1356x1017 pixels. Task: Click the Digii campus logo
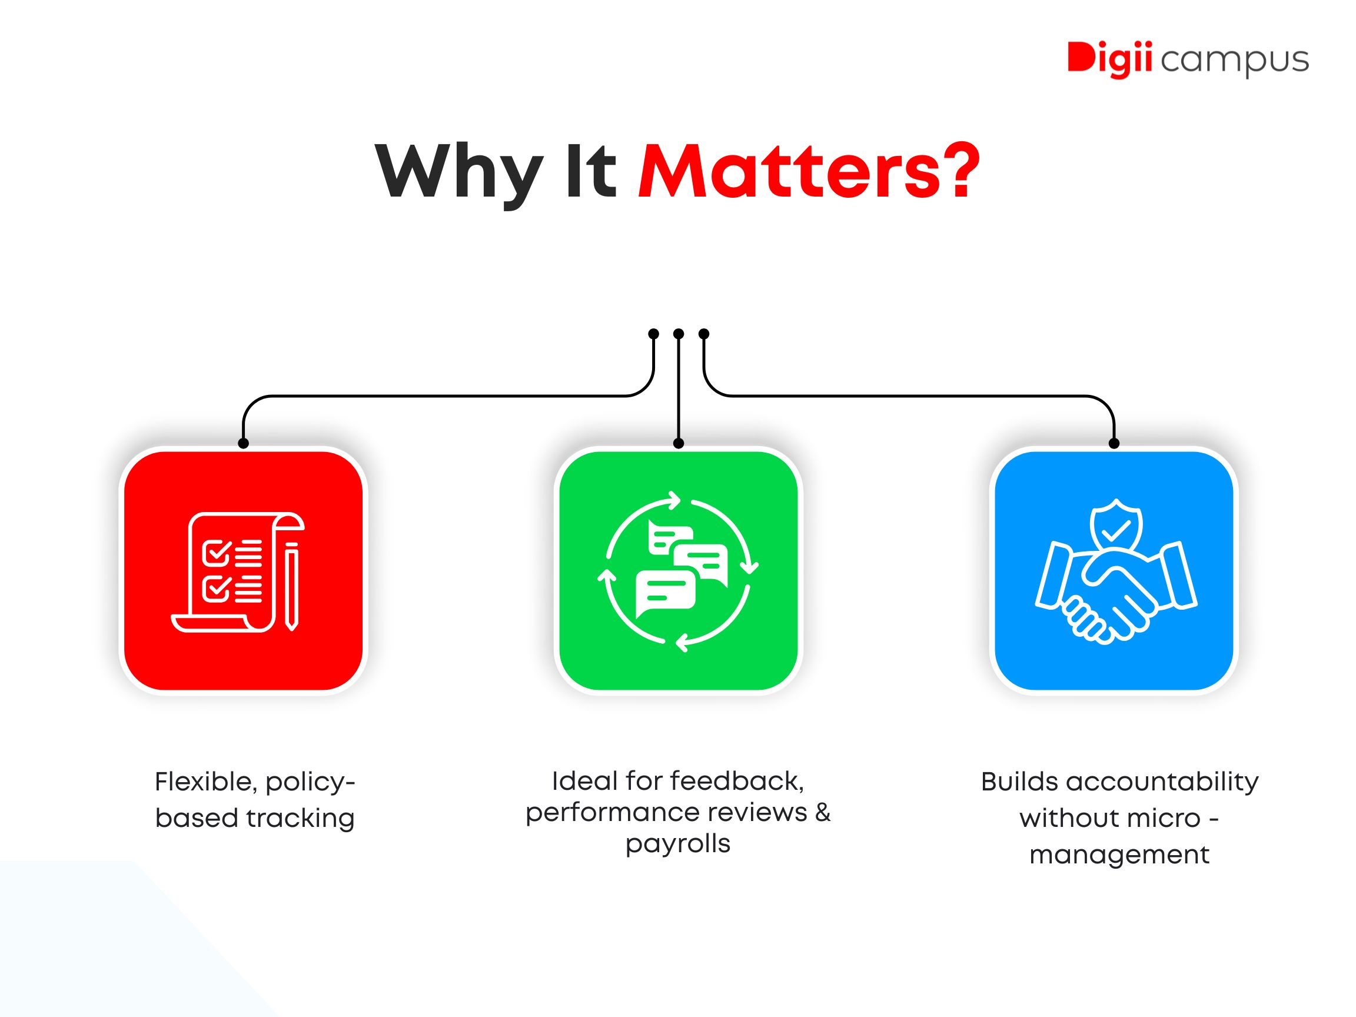(x=1188, y=60)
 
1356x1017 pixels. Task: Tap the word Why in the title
(x=459, y=173)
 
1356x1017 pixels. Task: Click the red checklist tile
(x=244, y=571)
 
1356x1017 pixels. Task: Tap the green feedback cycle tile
(x=678, y=571)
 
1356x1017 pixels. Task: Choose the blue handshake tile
(x=1114, y=571)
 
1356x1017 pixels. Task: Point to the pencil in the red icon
(x=293, y=586)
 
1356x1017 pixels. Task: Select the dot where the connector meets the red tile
(x=244, y=443)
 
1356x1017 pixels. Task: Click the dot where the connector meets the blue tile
(x=1114, y=443)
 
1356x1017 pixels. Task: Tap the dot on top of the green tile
(x=678, y=443)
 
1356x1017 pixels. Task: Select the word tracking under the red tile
(x=300, y=819)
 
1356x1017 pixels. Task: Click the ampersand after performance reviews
(x=823, y=812)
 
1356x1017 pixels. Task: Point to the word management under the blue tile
(x=1119, y=855)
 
